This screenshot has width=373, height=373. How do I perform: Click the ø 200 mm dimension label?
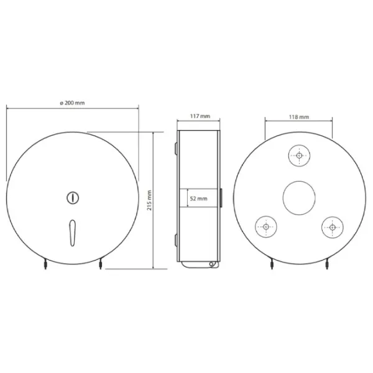pos(72,103)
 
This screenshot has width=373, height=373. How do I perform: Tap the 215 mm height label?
pos(149,200)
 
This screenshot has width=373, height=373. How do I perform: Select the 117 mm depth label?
pos(200,116)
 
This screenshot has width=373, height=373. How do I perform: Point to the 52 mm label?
pos(199,198)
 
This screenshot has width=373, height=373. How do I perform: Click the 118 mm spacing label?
pos(299,117)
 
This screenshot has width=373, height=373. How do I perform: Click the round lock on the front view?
pos(73,198)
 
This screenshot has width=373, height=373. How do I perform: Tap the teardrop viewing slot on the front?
pos(72,233)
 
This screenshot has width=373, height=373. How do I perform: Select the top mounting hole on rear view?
pos(299,155)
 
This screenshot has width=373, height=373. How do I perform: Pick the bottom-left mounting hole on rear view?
pos(266,227)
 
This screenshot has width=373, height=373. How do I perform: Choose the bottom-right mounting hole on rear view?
pos(333,227)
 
